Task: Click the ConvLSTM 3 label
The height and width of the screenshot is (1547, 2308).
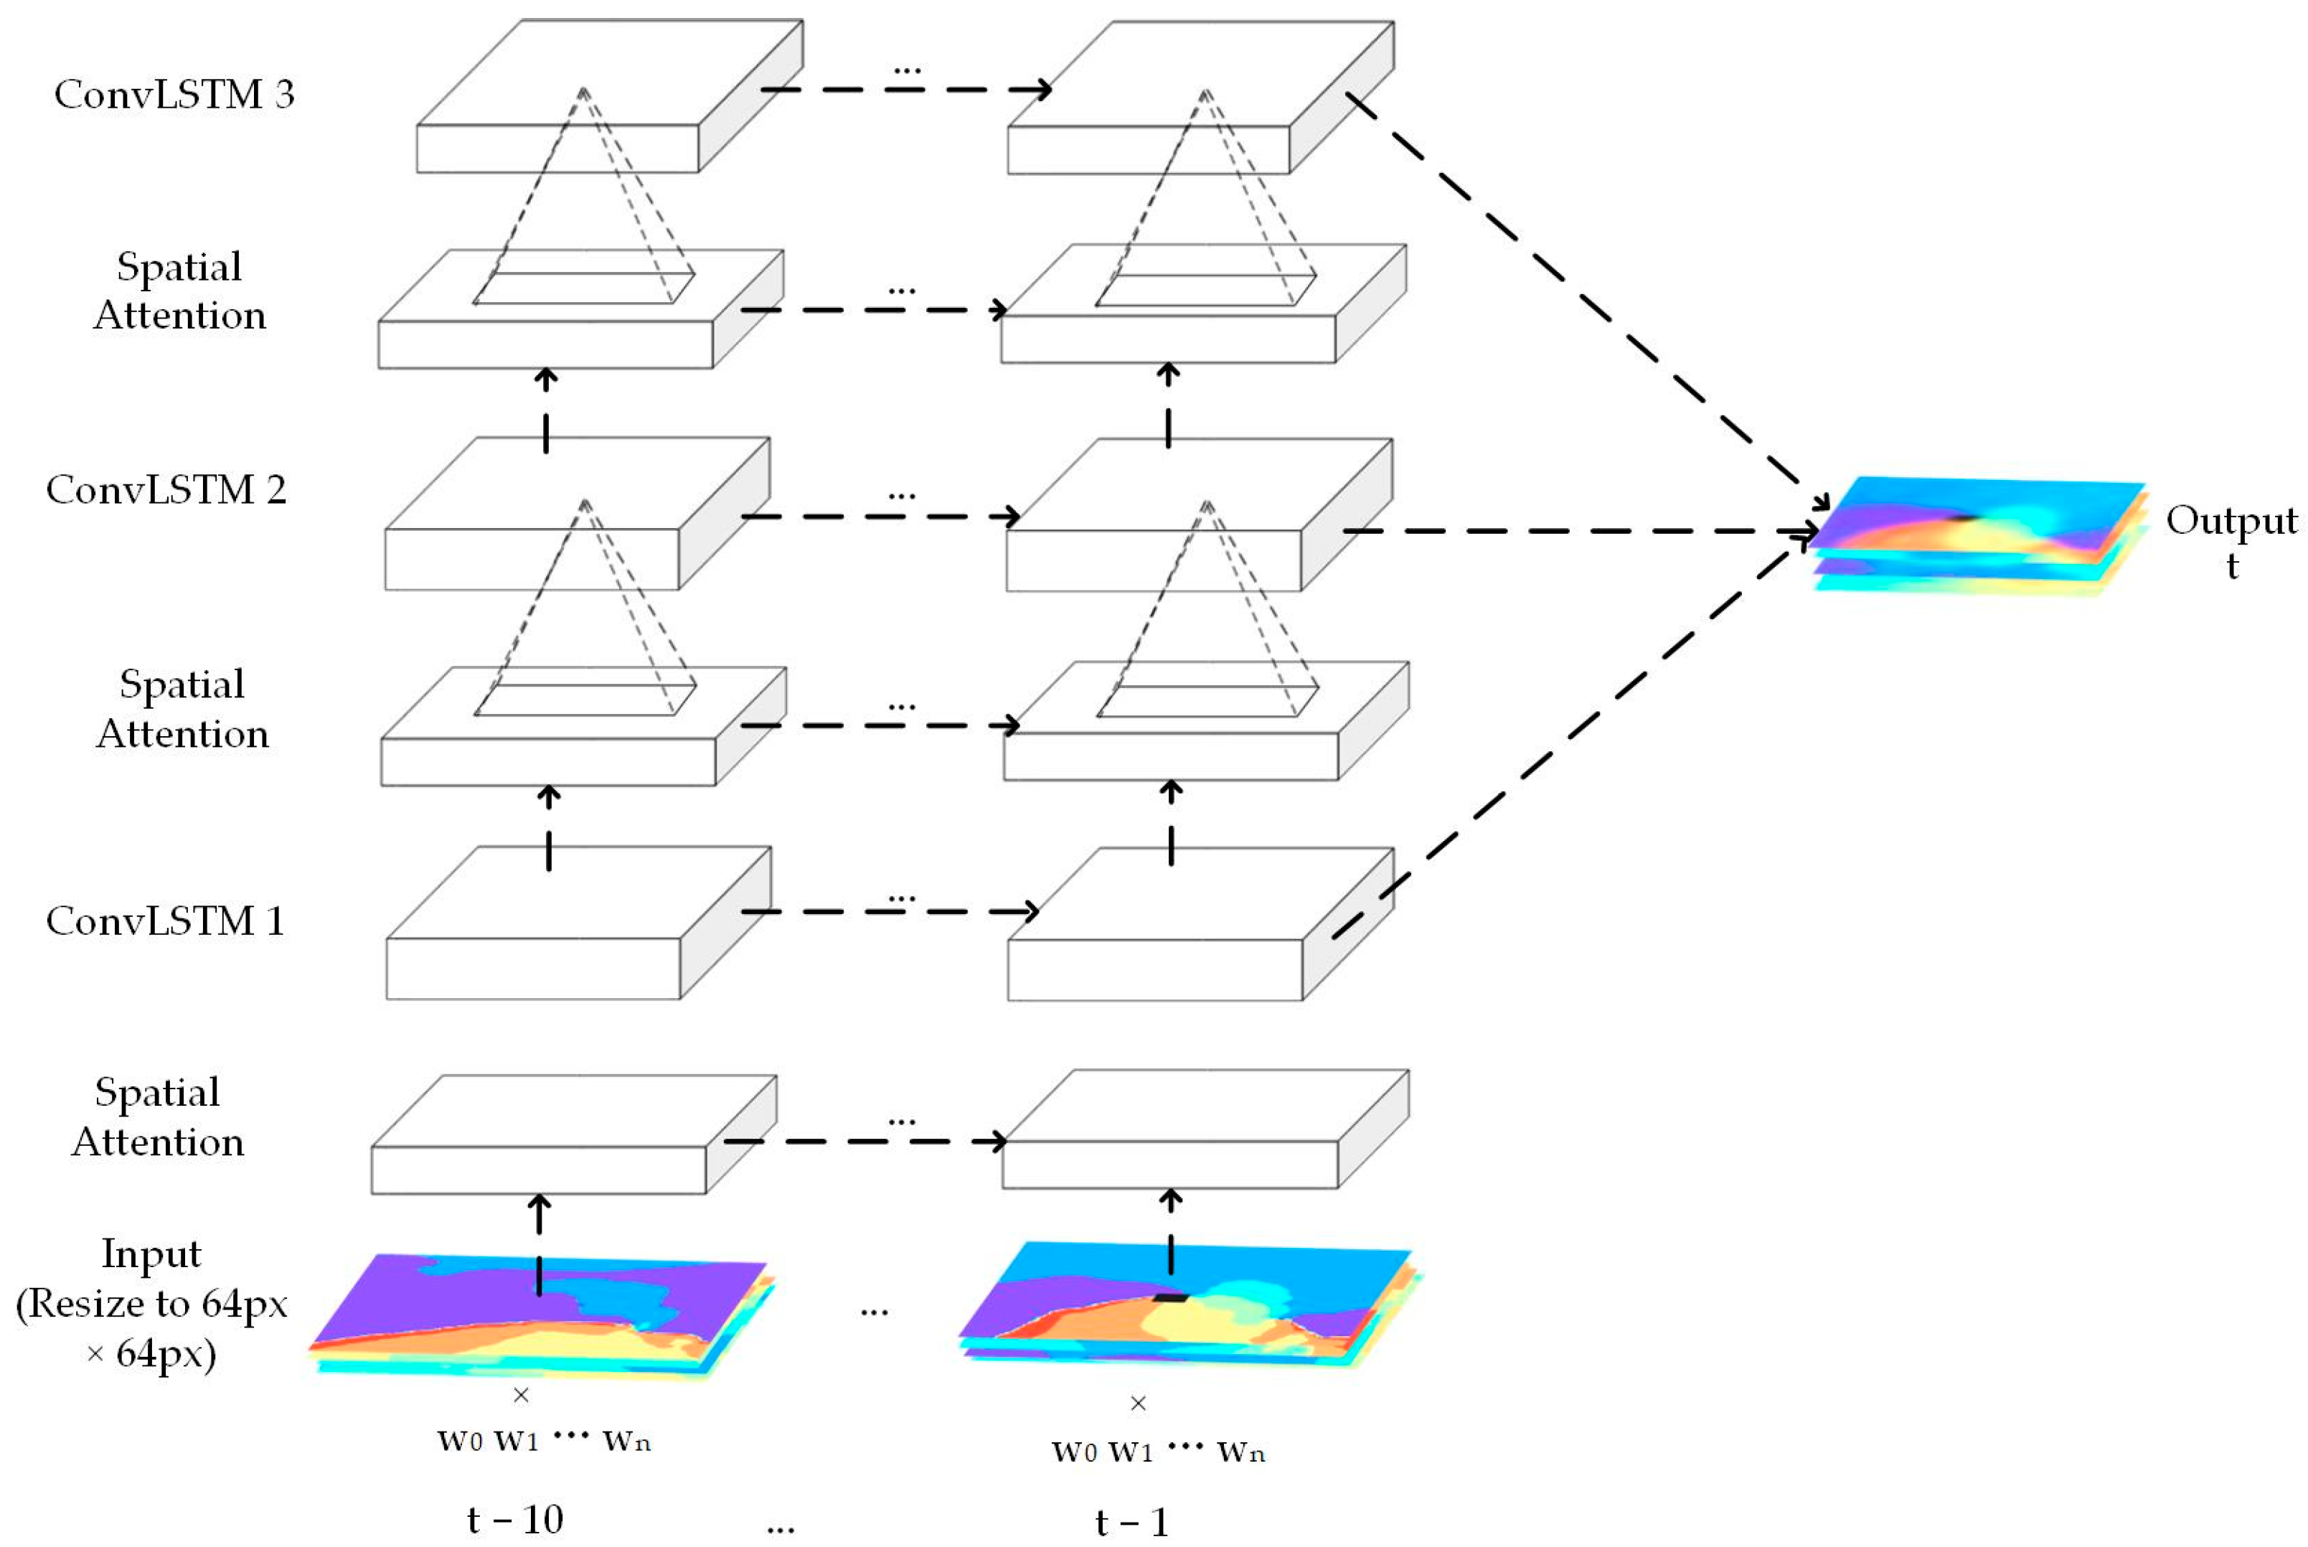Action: coord(174,95)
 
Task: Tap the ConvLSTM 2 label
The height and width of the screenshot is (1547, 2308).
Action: coord(166,490)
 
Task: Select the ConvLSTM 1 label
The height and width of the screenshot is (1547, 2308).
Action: coord(166,921)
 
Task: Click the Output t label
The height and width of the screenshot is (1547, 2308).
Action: coord(2231,541)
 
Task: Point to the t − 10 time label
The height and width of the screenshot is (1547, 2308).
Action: coord(515,1520)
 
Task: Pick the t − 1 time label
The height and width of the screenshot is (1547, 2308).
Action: coord(1131,1523)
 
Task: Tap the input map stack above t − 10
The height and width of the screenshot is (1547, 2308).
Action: coord(540,1317)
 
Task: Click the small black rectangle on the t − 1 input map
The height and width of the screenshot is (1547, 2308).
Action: coord(1171,1297)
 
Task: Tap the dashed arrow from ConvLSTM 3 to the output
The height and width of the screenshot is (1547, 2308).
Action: coord(1588,301)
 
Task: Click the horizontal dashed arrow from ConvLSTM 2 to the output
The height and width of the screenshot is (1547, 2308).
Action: coord(1578,532)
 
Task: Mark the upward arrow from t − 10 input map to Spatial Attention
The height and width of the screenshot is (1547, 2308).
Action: coord(539,1243)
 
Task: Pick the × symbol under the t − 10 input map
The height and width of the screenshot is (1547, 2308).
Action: coord(521,1394)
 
